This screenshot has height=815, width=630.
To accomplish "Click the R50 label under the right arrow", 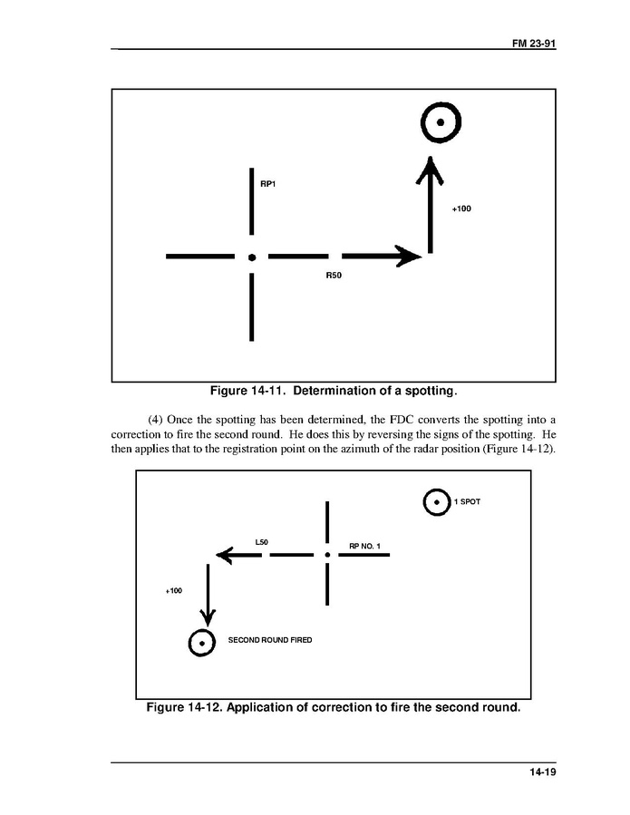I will (334, 275).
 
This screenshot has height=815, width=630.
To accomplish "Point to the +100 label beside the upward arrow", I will (461, 209).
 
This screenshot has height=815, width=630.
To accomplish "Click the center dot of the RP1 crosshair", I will (252, 257).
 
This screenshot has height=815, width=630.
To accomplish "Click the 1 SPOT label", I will (467, 502).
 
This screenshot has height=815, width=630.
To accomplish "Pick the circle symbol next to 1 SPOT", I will (437, 502).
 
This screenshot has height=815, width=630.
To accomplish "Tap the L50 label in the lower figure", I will (262, 542).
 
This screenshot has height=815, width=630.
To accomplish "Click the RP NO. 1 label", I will (365, 546).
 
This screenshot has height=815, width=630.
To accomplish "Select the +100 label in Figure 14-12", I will (173, 591).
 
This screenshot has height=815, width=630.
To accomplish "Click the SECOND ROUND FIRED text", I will (269, 640).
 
